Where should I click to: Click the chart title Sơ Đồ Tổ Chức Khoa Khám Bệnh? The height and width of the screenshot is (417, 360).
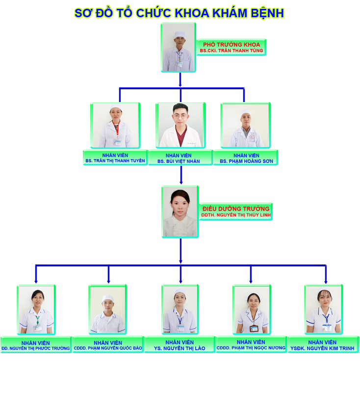pyautogui.click(x=179, y=13)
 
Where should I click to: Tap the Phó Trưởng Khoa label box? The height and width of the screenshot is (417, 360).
pyautogui.click(x=231, y=47)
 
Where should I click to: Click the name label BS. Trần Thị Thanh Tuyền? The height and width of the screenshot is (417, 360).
pyautogui.click(x=115, y=158)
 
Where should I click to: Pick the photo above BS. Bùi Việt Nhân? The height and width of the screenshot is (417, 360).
pyautogui.click(x=180, y=125)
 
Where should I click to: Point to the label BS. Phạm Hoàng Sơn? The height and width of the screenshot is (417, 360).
pyautogui.click(x=246, y=158)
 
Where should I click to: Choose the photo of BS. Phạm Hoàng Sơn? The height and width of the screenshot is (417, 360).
pyautogui.click(x=246, y=125)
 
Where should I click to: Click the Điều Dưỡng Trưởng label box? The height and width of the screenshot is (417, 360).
pyautogui.click(x=236, y=211)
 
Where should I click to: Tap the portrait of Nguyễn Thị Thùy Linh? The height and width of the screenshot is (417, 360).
pyautogui.click(x=180, y=211)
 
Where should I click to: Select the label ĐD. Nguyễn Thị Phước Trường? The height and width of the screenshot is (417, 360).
pyautogui.click(x=36, y=345)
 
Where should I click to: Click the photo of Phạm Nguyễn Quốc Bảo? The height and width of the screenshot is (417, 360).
pyautogui.click(x=108, y=310)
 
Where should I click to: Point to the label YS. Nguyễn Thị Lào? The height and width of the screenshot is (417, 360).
pyautogui.click(x=180, y=345)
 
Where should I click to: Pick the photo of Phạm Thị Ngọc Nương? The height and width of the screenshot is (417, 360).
pyautogui.click(x=251, y=310)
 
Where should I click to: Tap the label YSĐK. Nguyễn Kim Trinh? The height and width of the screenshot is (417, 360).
pyautogui.click(x=323, y=345)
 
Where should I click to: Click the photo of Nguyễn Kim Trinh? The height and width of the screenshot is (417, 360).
pyautogui.click(x=323, y=310)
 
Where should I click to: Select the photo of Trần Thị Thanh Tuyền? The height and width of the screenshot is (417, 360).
pyautogui.click(x=115, y=125)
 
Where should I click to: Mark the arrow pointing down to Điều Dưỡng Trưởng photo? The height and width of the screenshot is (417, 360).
pyautogui.click(x=181, y=182)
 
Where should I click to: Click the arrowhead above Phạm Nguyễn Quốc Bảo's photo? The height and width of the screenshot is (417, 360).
pyautogui.click(x=108, y=281)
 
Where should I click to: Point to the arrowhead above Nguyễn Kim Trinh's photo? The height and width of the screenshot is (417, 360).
pyautogui.click(x=326, y=281)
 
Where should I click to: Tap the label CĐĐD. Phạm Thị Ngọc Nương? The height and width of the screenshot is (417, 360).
pyautogui.click(x=251, y=345)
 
